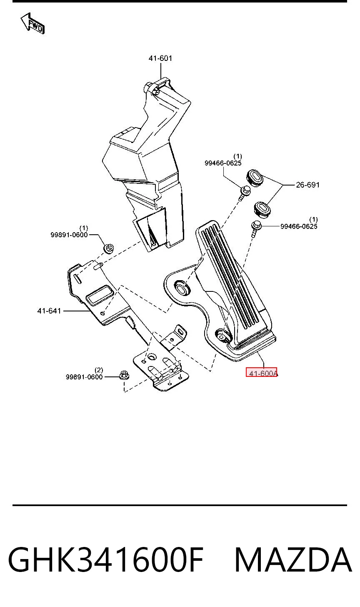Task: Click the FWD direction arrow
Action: click(32, 24)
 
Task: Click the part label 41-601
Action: click(160, 58)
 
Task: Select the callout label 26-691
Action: click(307, 185)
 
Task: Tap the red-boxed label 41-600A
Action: click(262, 372)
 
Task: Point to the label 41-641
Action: click(49, 311)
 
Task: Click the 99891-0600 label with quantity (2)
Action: click(84, 374)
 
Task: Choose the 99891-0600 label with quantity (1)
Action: click(69, 232)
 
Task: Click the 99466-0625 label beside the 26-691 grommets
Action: click(223, 160)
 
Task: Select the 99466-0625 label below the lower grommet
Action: click(299, 223)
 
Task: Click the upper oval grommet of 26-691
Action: click(255, 178)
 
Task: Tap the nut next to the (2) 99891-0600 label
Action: click(124, 376)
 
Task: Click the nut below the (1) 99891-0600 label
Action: click(109, 248)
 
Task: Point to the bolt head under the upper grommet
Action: click(245, 191)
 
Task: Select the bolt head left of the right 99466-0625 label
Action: click(256, 226)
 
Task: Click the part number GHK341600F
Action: click(106, 559)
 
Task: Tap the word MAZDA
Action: click(293, 559)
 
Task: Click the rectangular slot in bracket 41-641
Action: click(99, 295)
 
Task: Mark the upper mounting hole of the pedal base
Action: click(181, 287)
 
